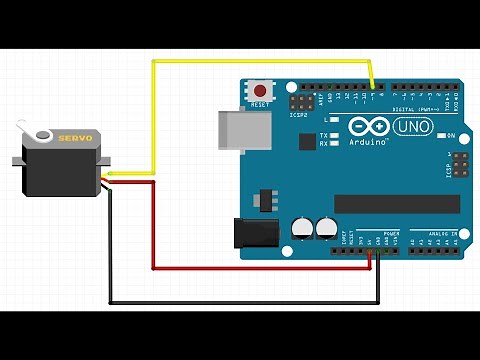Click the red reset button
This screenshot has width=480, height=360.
tap(262, 90)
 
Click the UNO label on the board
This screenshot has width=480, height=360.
tap(411, 128)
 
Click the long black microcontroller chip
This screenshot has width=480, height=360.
tap(397, 203)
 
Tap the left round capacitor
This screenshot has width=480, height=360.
tap(302, 228)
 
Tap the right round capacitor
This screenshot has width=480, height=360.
tap(325, 228)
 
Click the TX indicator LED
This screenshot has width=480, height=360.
tap(335, 134)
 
